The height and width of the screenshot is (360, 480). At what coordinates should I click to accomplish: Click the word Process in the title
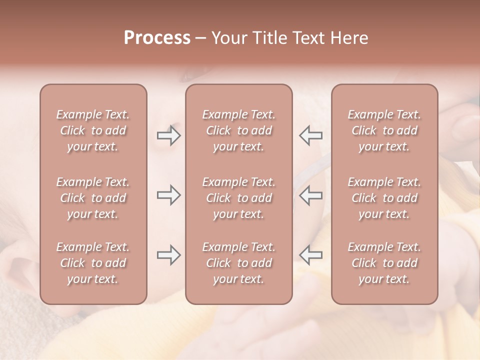pyautogui.click(x=157, y=37)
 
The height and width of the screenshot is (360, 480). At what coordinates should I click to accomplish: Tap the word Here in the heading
pyautogui.click(x=348, y=37)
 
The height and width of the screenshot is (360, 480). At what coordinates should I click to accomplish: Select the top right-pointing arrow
pyautogui.click(x=168, y=135)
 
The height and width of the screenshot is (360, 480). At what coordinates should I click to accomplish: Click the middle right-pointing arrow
pyautogui.click(x=168, y=195)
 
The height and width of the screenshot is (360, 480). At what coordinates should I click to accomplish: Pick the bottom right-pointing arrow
pyautogui.click(x=168, y=255)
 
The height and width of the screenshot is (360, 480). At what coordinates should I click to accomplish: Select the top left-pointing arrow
pyautogui.click(x=310, y=135)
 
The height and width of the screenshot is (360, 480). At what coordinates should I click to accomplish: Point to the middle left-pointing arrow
pyautogui.click(x=310, y=195)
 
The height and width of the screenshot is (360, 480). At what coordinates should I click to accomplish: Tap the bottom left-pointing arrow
pyautogui.click(x=310, y=255)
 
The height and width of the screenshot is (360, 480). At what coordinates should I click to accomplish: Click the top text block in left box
pyautogui.click(x=93, y=130)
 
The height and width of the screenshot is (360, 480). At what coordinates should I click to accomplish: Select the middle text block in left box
pyautogui.click(x=93, y=198)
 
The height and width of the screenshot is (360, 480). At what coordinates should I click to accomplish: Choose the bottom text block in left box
pyautogui.click(x=93, y=263)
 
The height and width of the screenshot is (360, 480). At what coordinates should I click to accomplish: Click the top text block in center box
pyautogui.click(x=238, y=130)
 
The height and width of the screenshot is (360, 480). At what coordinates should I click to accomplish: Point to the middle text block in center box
pyautogui.click(x=238, y=198)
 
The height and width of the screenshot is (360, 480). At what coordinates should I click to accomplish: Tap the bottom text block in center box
pyautogui.click(x=238, y=263)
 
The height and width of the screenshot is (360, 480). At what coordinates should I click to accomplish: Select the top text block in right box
pyautogui.click(x=384, y=130)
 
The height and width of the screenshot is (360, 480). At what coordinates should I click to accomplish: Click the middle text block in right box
pyautogui.click(x=384, y=198)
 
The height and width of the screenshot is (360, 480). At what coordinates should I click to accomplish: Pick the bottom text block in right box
pyautogui.click(x=384, y=263)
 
